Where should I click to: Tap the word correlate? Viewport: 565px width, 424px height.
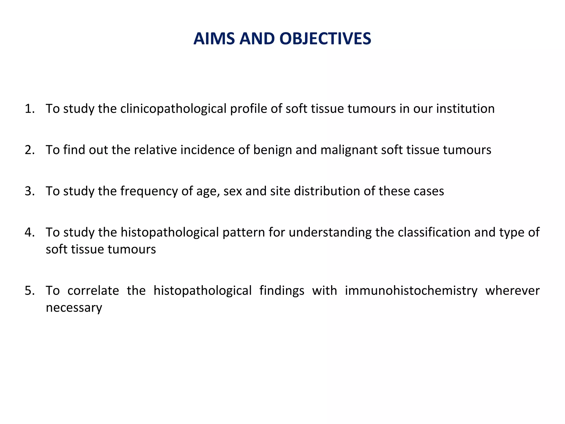pyautogui.click(x=93, y=291)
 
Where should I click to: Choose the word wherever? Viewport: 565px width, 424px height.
pyautogui.click(x=512, y=291)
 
